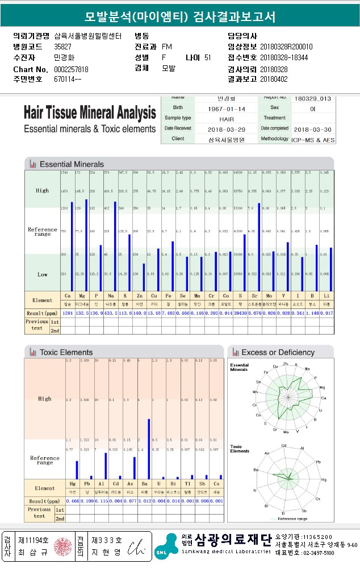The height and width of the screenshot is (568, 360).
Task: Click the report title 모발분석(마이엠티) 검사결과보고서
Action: click(x=179, y=16)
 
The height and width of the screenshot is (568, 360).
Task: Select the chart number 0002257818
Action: click(x=71, y=69)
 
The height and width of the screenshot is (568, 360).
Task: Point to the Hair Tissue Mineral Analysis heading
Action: click(x=90, y=111)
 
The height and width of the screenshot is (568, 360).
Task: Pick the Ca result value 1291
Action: click(x=68, y=313)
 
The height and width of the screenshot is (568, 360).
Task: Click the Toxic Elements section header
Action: click(x=66, y=352)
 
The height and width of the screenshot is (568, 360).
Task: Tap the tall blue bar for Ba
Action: click(x=149, y=449)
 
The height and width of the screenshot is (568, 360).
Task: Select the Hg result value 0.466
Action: click(x=72, y=502)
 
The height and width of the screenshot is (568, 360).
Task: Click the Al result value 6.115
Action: click(x=102, y=502)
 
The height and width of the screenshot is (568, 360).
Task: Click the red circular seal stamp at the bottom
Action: click(x=60, y=548)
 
